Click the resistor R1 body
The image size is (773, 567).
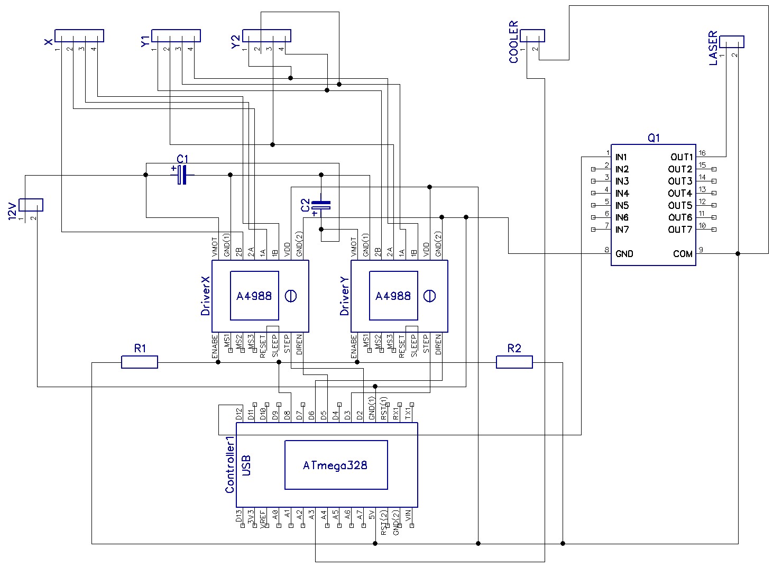coord(140,362)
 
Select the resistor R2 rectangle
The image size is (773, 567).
coord(514,362)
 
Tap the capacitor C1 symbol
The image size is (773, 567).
coord(182,175)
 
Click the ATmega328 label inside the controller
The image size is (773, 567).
coord(335,465)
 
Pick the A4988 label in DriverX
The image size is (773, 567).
coord(254,296)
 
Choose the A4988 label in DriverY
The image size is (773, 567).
coord(393,296)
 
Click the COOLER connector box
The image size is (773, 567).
coord(532,35)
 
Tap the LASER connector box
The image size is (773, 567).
coord(732,41)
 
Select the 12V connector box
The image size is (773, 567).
coord(31,205)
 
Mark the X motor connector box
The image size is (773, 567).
coord(79,35)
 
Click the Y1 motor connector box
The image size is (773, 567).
coord(176,35)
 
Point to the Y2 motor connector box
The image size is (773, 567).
coord(268,35)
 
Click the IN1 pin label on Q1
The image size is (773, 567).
coord(621,157)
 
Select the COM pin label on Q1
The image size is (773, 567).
coord(683,254)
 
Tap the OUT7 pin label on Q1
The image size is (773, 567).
coord(680,230)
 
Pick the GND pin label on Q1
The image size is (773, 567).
coord(624,254)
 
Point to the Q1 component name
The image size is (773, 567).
coord(654,138)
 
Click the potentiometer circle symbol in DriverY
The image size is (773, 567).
coord(430,296)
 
